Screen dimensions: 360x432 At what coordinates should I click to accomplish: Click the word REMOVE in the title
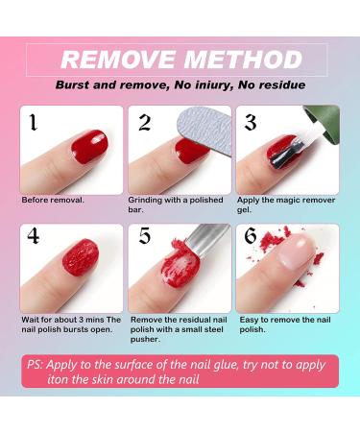[118, 60]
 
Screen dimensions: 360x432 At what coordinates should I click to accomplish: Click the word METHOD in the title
[244, 60]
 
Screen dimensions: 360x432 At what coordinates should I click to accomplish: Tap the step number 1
[33, 122]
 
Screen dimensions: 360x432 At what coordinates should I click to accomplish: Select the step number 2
[144, 122]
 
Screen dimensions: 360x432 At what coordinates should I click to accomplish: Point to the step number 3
[251, 122]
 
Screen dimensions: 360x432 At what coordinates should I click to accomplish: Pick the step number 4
[34, 236]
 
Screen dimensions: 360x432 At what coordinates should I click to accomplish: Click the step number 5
[145, 236]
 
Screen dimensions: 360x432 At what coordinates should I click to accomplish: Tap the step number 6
[251, 236]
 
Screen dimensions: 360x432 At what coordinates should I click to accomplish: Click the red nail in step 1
[89, 146]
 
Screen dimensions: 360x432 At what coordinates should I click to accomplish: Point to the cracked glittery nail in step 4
[81, 257]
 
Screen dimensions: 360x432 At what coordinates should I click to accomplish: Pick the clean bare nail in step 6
[296, 251]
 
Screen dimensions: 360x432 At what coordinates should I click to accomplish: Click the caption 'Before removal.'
[53, 201]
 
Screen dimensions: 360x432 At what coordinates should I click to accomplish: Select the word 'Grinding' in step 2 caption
[145, 201]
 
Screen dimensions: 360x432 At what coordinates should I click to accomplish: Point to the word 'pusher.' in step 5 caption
[145, 340]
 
